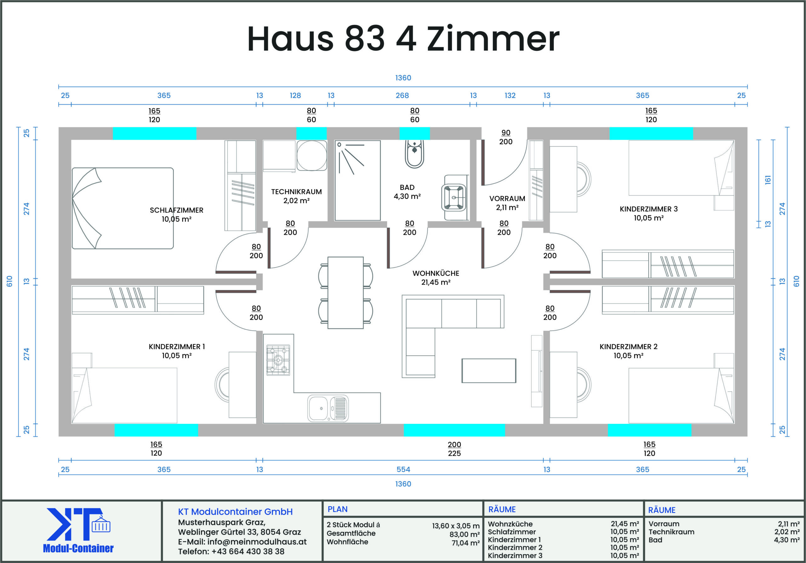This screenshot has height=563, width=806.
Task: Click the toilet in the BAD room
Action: [414, 154]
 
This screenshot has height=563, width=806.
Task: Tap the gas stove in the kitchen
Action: [278, 360]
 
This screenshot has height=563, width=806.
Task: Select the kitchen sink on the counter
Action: [328, 408]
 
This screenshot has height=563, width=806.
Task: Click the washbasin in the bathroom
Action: [454, 198]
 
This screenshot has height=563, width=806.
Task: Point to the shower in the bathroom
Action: [357, 181]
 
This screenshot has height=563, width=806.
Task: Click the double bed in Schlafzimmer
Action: [122, 208]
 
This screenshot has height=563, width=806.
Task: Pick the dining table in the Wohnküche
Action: [345, 293]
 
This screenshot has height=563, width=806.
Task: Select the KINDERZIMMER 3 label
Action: [649, 209]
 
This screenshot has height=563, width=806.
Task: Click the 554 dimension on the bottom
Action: [403, 469]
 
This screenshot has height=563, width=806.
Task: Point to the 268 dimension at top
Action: [402, 96]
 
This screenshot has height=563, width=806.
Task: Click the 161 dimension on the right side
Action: [768, 180]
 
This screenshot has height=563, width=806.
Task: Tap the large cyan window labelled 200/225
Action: [454, 430]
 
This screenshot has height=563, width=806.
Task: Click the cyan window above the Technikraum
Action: [311, 134]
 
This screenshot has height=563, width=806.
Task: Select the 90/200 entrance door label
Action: [506, 137]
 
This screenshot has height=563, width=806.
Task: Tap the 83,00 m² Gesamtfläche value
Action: [464, 535]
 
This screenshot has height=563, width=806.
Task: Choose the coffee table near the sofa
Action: [489, 371]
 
